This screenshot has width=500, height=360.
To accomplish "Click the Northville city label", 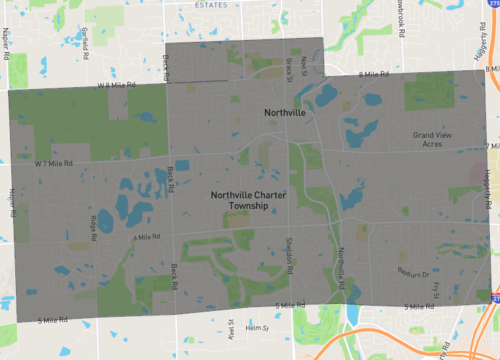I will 284,113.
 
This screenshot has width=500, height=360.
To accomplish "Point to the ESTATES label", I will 212,5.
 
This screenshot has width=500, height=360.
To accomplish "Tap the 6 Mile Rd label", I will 146,237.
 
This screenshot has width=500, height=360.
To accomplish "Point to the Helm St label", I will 258,327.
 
